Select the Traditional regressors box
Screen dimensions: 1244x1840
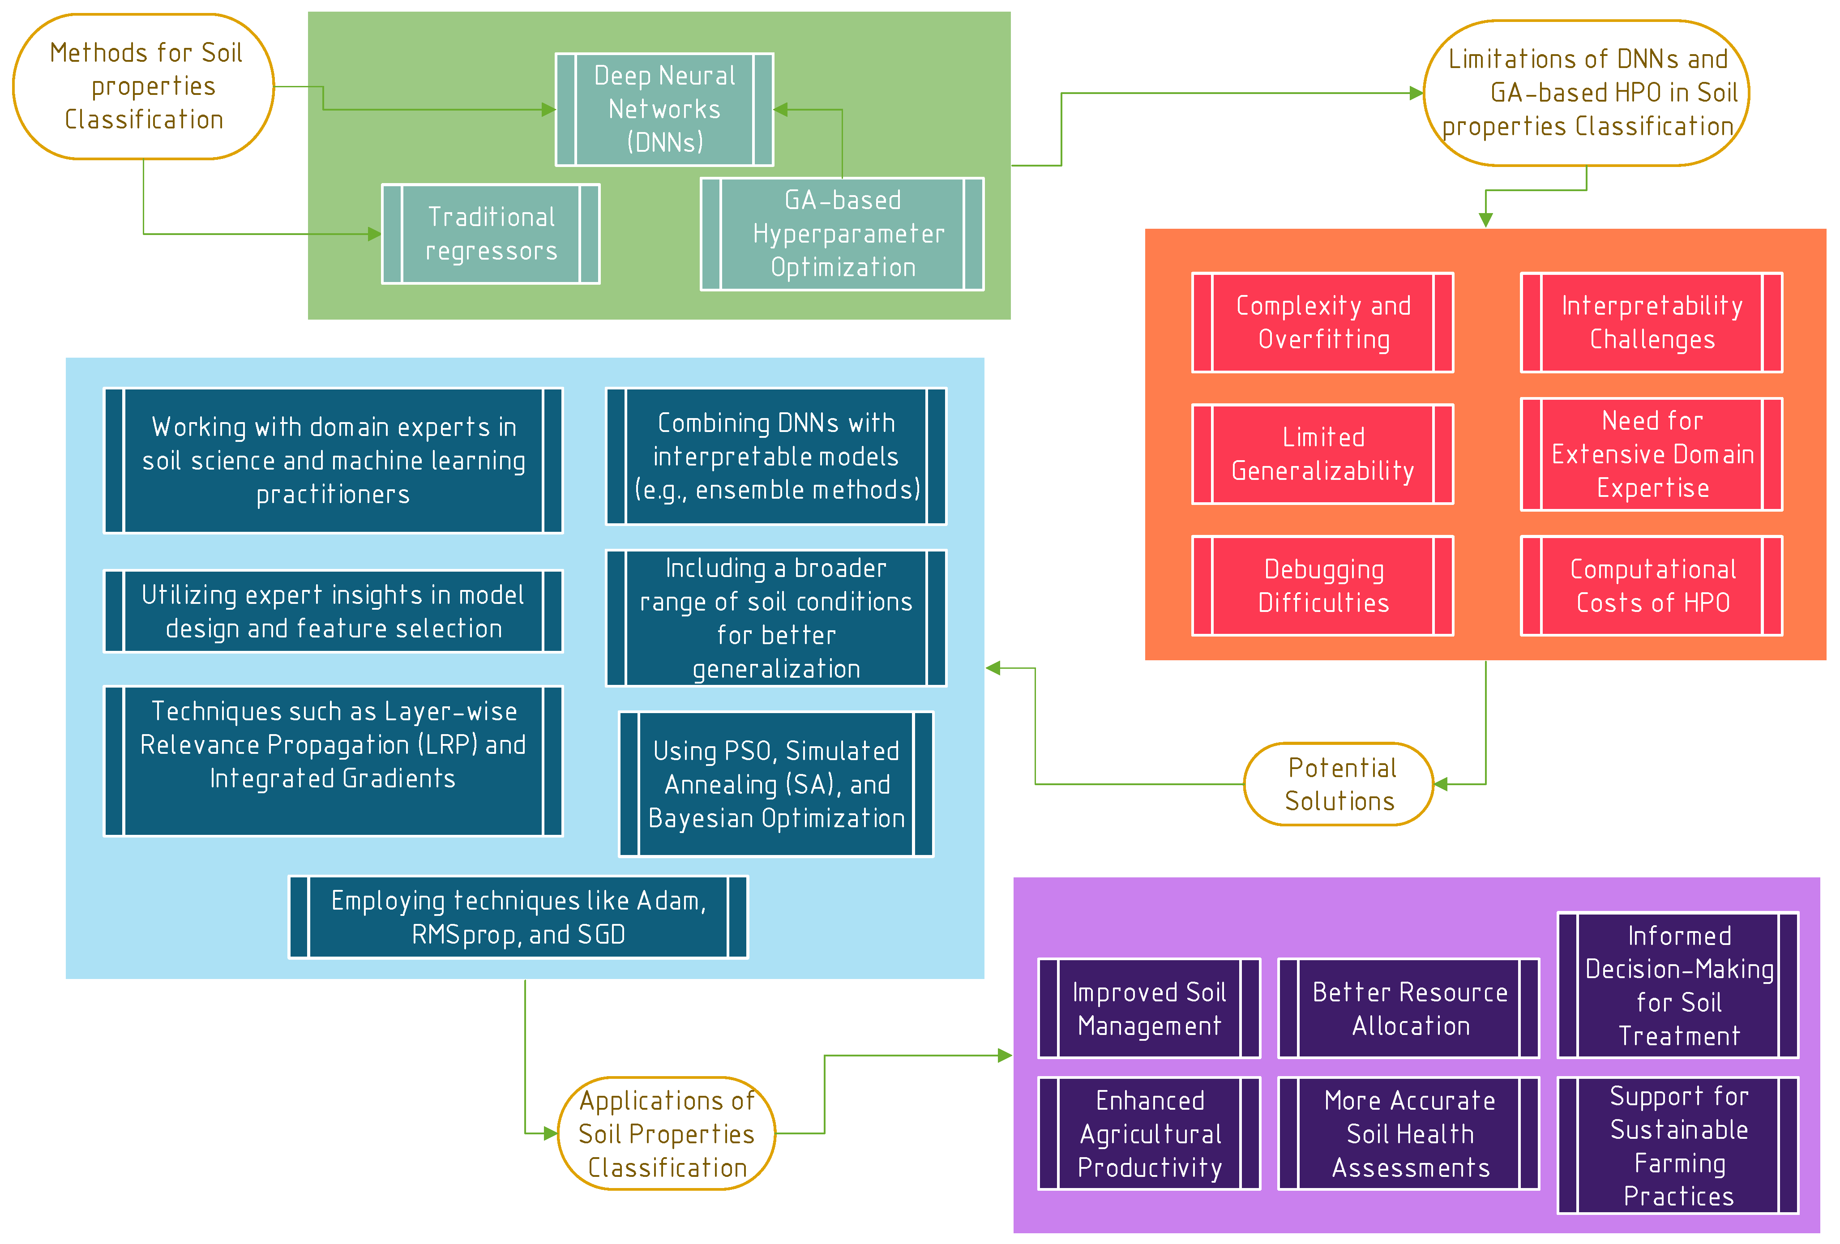tap(490, 234)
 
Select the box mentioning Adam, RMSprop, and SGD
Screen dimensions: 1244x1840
tap(518, 917)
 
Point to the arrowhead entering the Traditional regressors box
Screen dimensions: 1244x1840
tap(375, 234)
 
